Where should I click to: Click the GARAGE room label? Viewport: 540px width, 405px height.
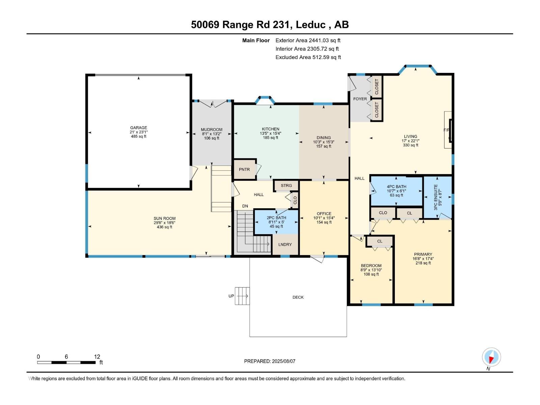[138, 128]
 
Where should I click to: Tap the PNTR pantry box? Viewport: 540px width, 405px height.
[244, 169]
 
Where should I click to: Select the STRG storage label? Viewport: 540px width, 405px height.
[286, 186]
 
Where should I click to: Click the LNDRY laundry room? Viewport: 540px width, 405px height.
[285, 244]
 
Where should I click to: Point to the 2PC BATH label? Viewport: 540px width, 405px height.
[276, 218]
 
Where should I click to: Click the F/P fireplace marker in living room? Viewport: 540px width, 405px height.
[447, 130]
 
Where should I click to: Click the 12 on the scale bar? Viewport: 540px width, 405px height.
[97, 357]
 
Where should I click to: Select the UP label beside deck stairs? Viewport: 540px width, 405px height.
[231, 296]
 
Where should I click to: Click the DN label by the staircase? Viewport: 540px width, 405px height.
[245, 206]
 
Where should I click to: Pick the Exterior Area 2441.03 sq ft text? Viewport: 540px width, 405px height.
[308, 40]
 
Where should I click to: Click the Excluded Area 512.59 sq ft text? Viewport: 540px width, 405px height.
[308, 57]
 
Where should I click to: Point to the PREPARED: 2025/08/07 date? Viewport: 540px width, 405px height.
[270, 361]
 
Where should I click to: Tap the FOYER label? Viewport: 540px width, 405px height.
[360, 99]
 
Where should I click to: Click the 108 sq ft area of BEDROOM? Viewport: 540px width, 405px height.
[371, 274]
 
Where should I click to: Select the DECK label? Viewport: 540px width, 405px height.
[298, 297]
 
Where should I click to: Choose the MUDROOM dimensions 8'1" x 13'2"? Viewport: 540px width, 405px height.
[212, 134]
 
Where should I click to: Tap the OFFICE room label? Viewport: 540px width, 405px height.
[324, 214]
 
